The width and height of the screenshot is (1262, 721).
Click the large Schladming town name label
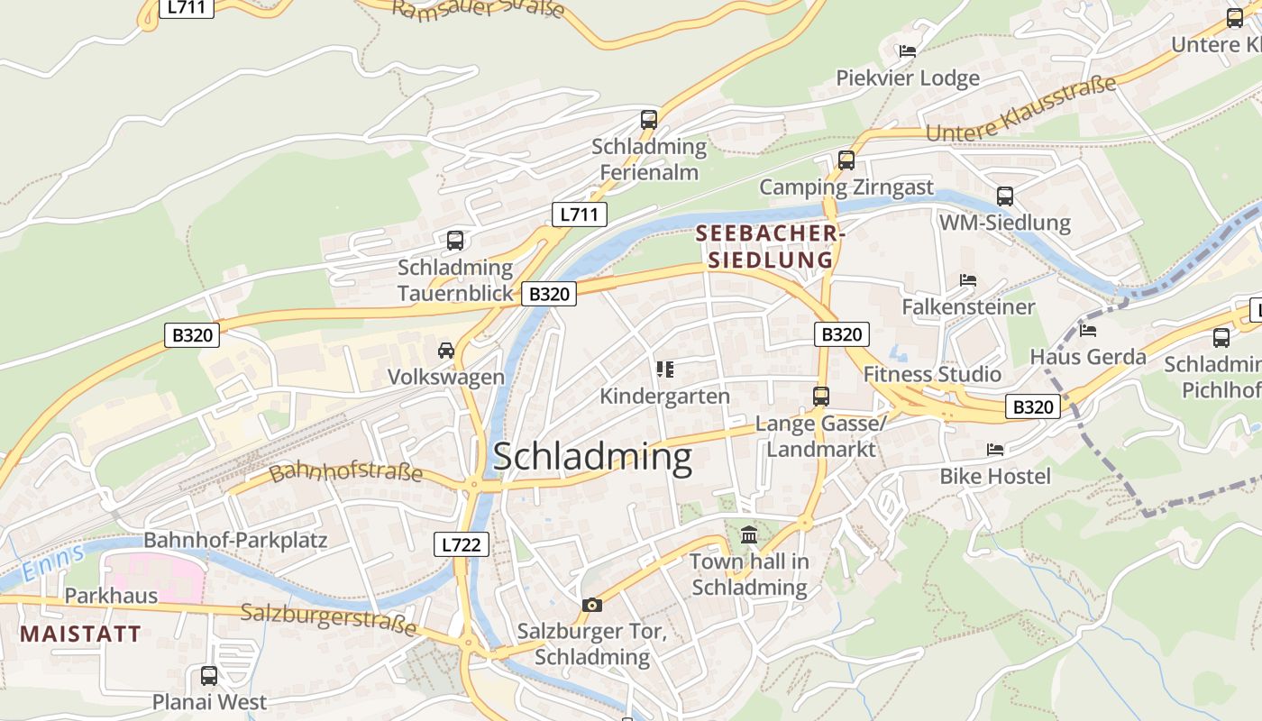(x=592, y=457)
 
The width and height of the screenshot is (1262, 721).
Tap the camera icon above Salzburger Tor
(x=591, y=605)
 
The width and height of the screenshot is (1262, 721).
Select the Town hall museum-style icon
(x=749, y=536)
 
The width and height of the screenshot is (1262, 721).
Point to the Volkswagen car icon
(x=446, y=351)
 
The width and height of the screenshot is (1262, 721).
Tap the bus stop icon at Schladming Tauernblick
(x=455, y=241)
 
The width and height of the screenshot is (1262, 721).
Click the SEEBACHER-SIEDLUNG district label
(x=770, y=247)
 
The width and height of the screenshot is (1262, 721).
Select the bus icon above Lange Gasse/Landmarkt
(x=820, y=396)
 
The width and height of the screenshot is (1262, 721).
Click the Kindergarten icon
(x=665, y=369)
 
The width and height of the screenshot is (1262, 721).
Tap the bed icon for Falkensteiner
(x=968, y=280)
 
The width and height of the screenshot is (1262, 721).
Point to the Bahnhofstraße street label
(x=346, y=471)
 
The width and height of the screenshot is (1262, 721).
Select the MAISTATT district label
(x=80, y=634)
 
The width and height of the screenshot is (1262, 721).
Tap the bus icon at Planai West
(x=209, y=676)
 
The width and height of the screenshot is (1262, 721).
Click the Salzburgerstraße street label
(x=329, y=619)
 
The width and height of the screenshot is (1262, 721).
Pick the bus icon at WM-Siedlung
(x=1005, y=196)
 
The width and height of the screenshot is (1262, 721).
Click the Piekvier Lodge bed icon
(x=908, y=51)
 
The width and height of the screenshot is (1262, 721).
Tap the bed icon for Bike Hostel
(x=995, y=449)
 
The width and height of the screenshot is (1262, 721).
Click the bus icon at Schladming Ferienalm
(x=649, y=119)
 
